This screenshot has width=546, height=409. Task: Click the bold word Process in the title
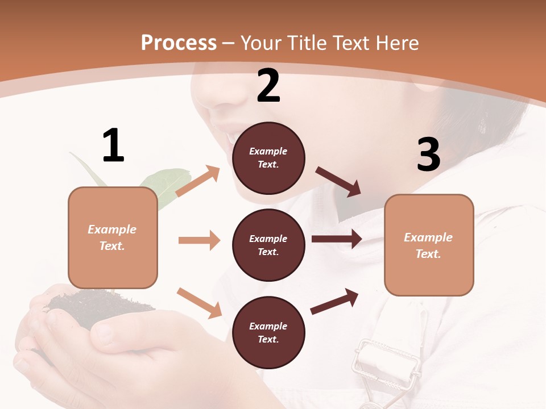(x=179, y=43)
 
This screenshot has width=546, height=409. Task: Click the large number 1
(x=113, y=145)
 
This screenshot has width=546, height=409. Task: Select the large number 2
(x=268, y=86)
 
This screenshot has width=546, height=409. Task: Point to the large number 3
(x=428, y=155)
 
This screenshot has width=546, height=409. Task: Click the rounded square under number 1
(x=113, y=237)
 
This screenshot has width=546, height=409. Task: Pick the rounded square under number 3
(x=429, y=245)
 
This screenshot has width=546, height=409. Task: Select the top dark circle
(x=268, y=158)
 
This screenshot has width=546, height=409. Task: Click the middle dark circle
(x=268, y=245)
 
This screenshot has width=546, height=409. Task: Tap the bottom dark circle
(x=268, y=332)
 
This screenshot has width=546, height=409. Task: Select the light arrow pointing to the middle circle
(x=199, y=240)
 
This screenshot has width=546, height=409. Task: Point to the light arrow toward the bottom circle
(x=200, y=303)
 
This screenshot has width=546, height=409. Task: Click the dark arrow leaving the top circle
(x=338, y=181)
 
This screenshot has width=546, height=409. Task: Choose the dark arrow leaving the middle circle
(x=337, y=239)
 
